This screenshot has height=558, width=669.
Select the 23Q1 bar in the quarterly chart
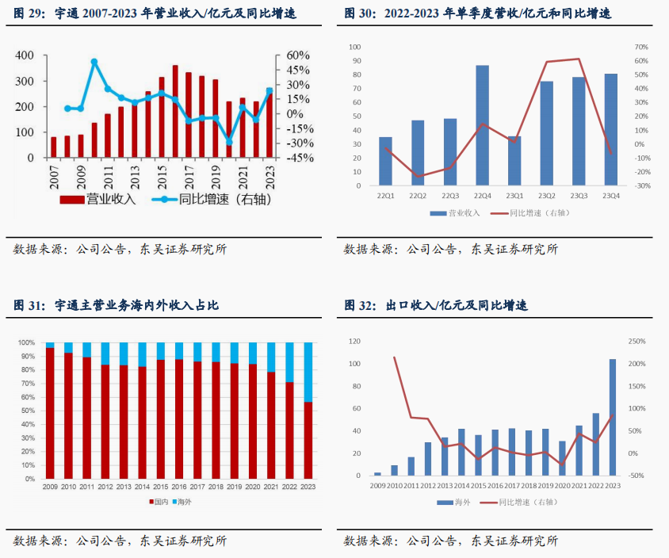pyautogui.click(x=514, y=161)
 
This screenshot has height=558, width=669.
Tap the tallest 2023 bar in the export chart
pyautogui.click(x=612, y=417)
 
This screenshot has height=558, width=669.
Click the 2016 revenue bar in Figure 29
pyautogui.click(x=175, y=111)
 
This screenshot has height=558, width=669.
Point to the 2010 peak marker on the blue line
pyautogui.click(x=94, y=62)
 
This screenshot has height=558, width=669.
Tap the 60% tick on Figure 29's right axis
pyautogui.click(x=297, y=55)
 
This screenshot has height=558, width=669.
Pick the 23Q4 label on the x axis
pyautogui.click(x=611, y=196)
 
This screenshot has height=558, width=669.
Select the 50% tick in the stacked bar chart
pyautogui.click(x=26, y=411)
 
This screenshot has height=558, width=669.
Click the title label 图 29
pyautogui.click(x=29, y=14)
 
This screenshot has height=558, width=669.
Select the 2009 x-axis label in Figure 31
pyautogui.click(x=50, y=487)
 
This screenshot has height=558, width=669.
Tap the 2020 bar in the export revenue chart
pyautogui.click(x=562, y=458)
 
